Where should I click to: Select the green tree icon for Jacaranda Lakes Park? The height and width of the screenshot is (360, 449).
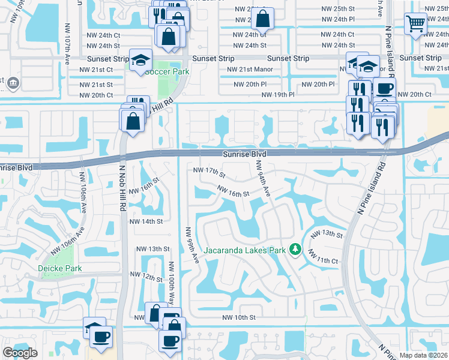(295, 248)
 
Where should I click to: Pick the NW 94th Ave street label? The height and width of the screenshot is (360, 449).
(262, 178)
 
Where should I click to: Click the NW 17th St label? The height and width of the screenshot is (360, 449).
(209, 173)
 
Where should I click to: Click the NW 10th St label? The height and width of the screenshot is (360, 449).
(239, 317)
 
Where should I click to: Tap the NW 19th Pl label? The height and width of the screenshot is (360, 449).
(278, 95)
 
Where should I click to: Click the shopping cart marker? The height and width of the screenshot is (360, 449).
(415, 24)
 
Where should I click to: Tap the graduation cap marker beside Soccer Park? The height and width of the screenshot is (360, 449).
(141, 60)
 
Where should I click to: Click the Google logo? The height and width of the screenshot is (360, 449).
(20, 353)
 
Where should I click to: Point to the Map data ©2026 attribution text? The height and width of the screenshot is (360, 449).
(423, 355)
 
